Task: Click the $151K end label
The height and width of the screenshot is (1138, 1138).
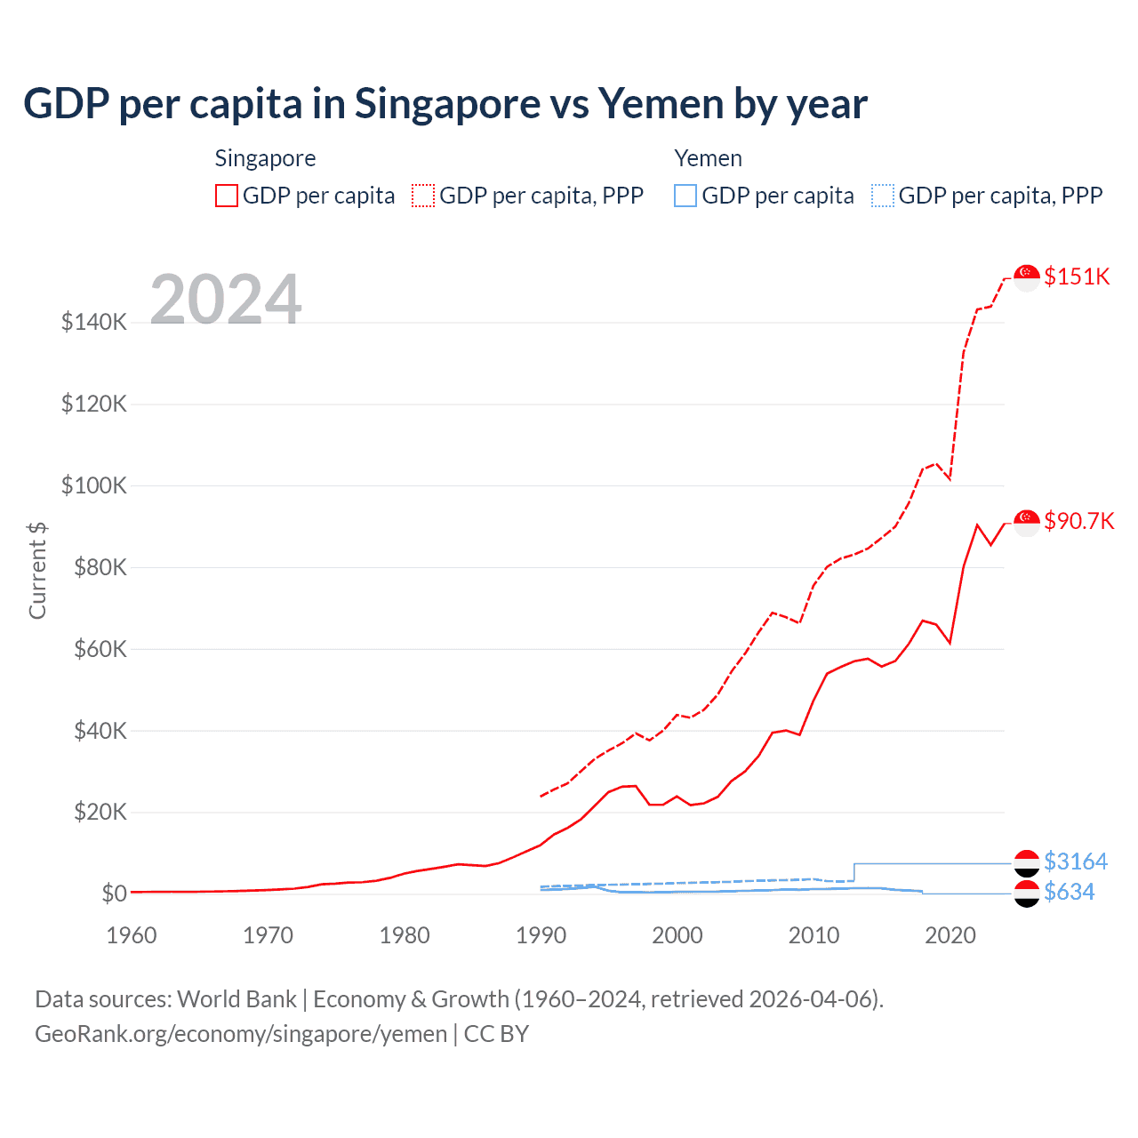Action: [1077, 276]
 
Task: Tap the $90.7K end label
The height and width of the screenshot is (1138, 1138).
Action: [1078, 521]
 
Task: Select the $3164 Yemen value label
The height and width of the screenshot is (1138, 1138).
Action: [1075, 862]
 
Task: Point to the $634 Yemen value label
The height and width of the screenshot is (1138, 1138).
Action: [1069, 892]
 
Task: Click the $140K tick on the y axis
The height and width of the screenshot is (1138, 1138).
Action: [94, 322]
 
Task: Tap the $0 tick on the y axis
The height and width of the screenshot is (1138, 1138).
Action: [114, 894]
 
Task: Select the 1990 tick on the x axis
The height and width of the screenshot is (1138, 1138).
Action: [541, 935]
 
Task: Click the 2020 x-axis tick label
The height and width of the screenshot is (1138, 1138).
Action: [950, 935]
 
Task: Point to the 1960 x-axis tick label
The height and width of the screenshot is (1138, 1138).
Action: [132, 935]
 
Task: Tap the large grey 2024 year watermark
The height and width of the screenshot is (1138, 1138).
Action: [226, 300]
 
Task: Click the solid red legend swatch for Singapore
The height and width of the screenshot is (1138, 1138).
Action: [227, 196]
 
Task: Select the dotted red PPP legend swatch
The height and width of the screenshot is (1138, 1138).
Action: [423, 196]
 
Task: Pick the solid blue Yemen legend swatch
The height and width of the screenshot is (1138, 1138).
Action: [685, 196]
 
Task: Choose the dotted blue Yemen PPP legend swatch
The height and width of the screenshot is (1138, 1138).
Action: [883, 196]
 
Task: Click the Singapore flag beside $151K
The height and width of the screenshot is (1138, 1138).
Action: [1027, 277]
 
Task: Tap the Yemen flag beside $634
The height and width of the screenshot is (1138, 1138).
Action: [1027, 894]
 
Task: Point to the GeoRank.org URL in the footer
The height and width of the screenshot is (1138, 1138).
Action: [241, 1034]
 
